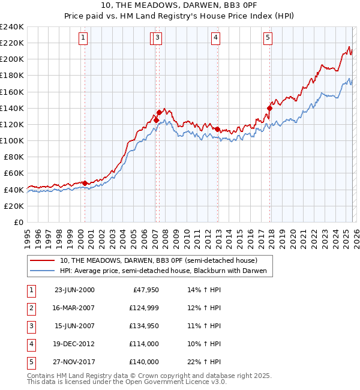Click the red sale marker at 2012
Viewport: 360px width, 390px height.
(217, 130)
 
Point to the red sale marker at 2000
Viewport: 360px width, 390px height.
(85, 183)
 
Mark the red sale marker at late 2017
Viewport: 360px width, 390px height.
(269, 109)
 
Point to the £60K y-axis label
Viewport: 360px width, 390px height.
(13, 173)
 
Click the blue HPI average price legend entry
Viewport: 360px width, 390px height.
(166, 271)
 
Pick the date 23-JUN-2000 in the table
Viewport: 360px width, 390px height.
(74, 290)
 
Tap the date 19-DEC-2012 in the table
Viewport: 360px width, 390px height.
(74, 344)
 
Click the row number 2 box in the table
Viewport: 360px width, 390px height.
(31, 308)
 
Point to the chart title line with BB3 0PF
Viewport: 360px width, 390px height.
(180, 7)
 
